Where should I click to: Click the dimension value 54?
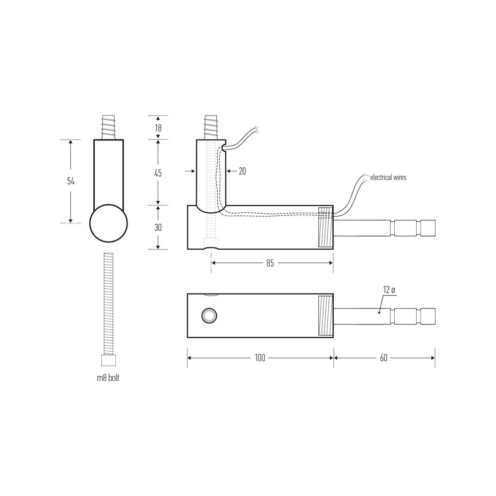pyautogui.click(x=71, y=181)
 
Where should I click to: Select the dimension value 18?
pyautogui.click(x=158, y=127)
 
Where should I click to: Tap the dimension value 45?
pyautogui.click(x=158, y=173)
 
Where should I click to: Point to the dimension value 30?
pyautogui.click(x=158, y=227)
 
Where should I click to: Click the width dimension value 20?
pyautogui.click(x=242, y=171)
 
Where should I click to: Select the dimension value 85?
pyautogui.click(x=270, y=263)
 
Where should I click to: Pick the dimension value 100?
pyautogui.click(x=260, y=358)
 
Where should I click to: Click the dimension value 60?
pyautogui.click(x=383, y=358)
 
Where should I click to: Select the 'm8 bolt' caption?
pyautogui.click(x=108, y=378)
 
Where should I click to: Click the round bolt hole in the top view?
pyautogui.click(x=208, y=315)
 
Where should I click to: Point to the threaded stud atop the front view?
pyautogui.click(x=109, y=127)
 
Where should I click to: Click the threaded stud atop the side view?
pyautogui.click(x=211, y=127)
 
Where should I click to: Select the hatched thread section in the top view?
pyautogui.click(x=325, y=315)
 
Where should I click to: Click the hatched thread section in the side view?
pyautogui.click(x=325, y=227)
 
